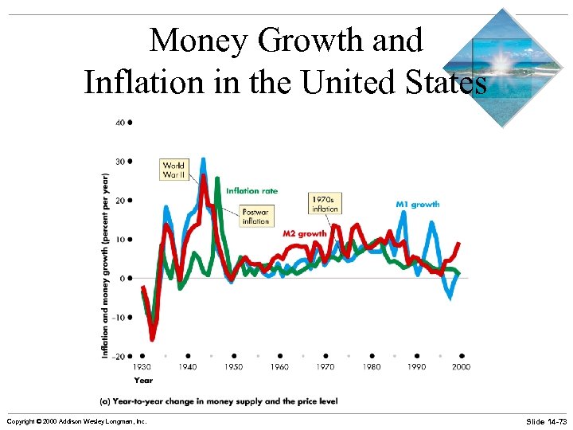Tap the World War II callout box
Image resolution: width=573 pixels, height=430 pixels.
174,170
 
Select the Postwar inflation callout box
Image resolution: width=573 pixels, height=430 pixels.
256,216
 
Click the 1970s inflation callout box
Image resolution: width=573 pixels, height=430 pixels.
325,203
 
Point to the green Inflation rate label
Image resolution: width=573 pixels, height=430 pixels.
251,191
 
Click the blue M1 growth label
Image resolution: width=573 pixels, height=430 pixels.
417,205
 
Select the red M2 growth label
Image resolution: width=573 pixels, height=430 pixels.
305,234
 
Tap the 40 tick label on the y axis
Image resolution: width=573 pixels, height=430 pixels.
119,123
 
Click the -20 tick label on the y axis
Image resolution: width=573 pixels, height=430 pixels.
118,356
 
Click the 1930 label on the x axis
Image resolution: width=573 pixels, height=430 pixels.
142,367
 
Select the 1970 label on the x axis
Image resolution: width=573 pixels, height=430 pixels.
325,367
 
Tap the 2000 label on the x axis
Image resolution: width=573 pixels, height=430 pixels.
462,367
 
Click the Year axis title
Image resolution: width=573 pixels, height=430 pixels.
143,380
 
